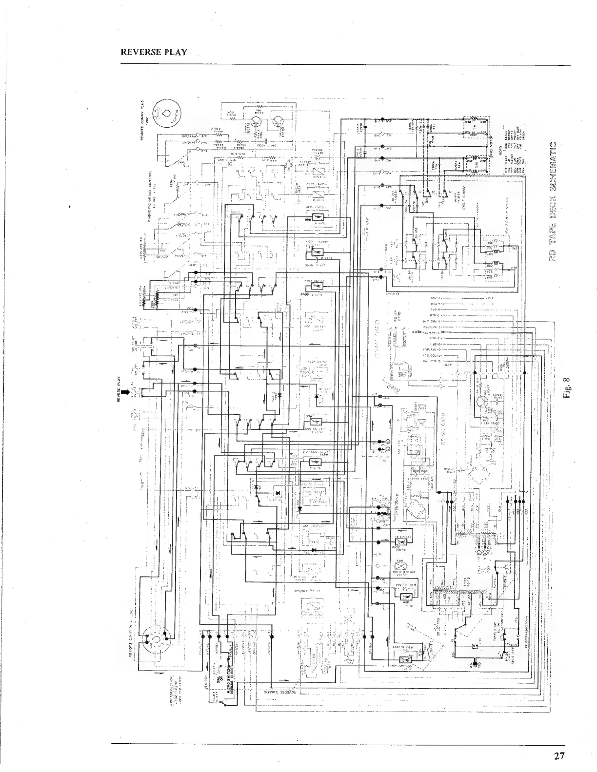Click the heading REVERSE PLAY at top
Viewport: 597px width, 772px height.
pyautogui.click(x=154, y=52)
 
